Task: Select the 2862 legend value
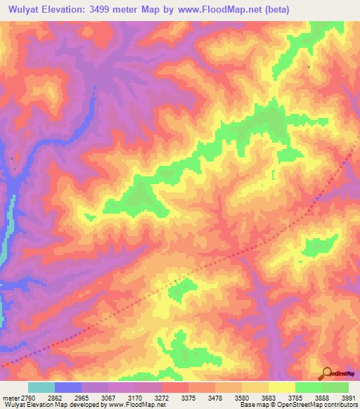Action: click(68, 397)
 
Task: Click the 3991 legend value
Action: click(348, 397)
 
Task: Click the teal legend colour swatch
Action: click(41, 387)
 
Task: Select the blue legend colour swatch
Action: click(68, 387)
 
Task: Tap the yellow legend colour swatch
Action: click(281, 387)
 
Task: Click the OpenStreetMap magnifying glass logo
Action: click(326, 372)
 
